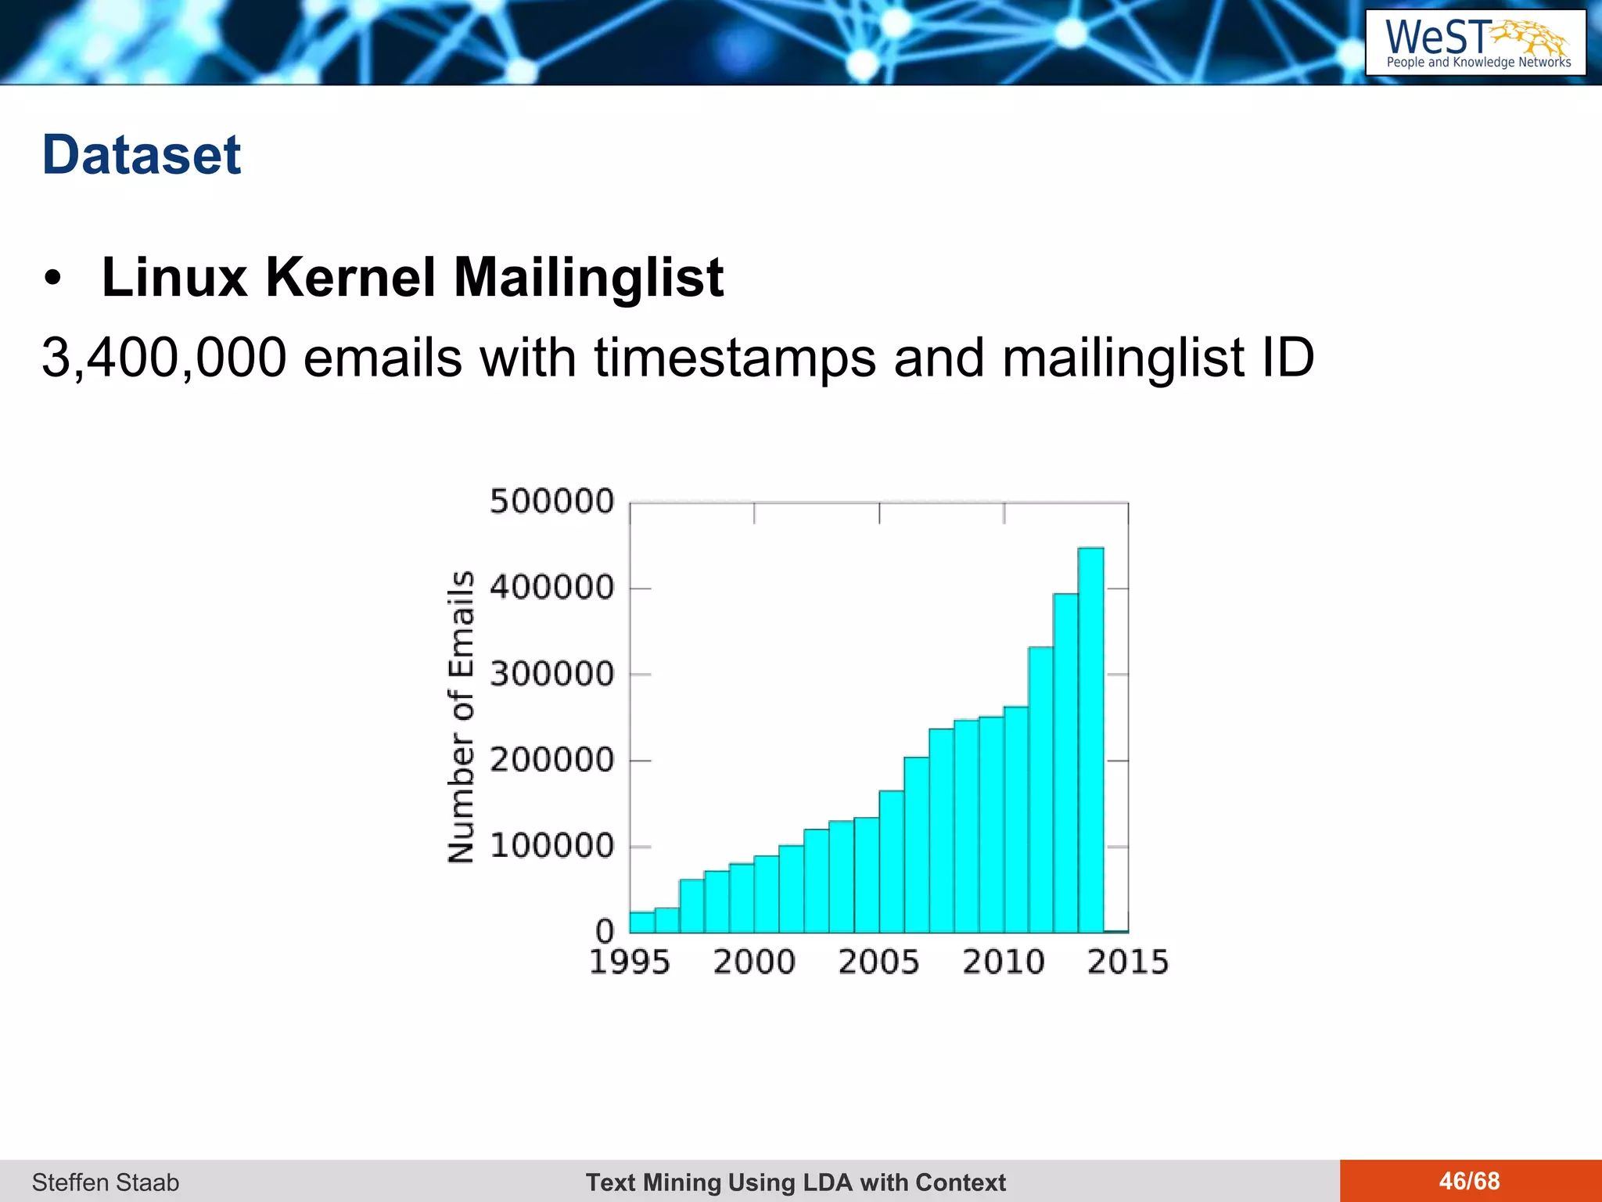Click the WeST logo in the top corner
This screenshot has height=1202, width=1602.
(1475, 43)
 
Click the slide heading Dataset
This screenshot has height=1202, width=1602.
(142, 155)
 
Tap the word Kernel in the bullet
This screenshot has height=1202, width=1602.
(350, 278)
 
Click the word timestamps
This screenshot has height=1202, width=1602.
(735, 358)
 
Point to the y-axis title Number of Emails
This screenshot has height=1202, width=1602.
(462, 717)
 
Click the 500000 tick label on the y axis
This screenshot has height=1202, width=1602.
(552, 502)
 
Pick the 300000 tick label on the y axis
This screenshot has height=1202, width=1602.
(552, 674)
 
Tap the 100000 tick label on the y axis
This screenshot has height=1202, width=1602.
(552, 846)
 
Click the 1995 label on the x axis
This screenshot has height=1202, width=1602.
(630, 962)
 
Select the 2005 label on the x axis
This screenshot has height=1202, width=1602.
(878, 962)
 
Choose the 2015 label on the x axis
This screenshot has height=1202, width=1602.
(1128, 962)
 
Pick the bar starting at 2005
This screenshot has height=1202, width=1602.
(892, 861)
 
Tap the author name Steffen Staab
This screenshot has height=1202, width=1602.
(106, 1182)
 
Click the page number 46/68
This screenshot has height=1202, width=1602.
(1469, 1181)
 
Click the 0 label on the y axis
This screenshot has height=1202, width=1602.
(605, 931)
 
